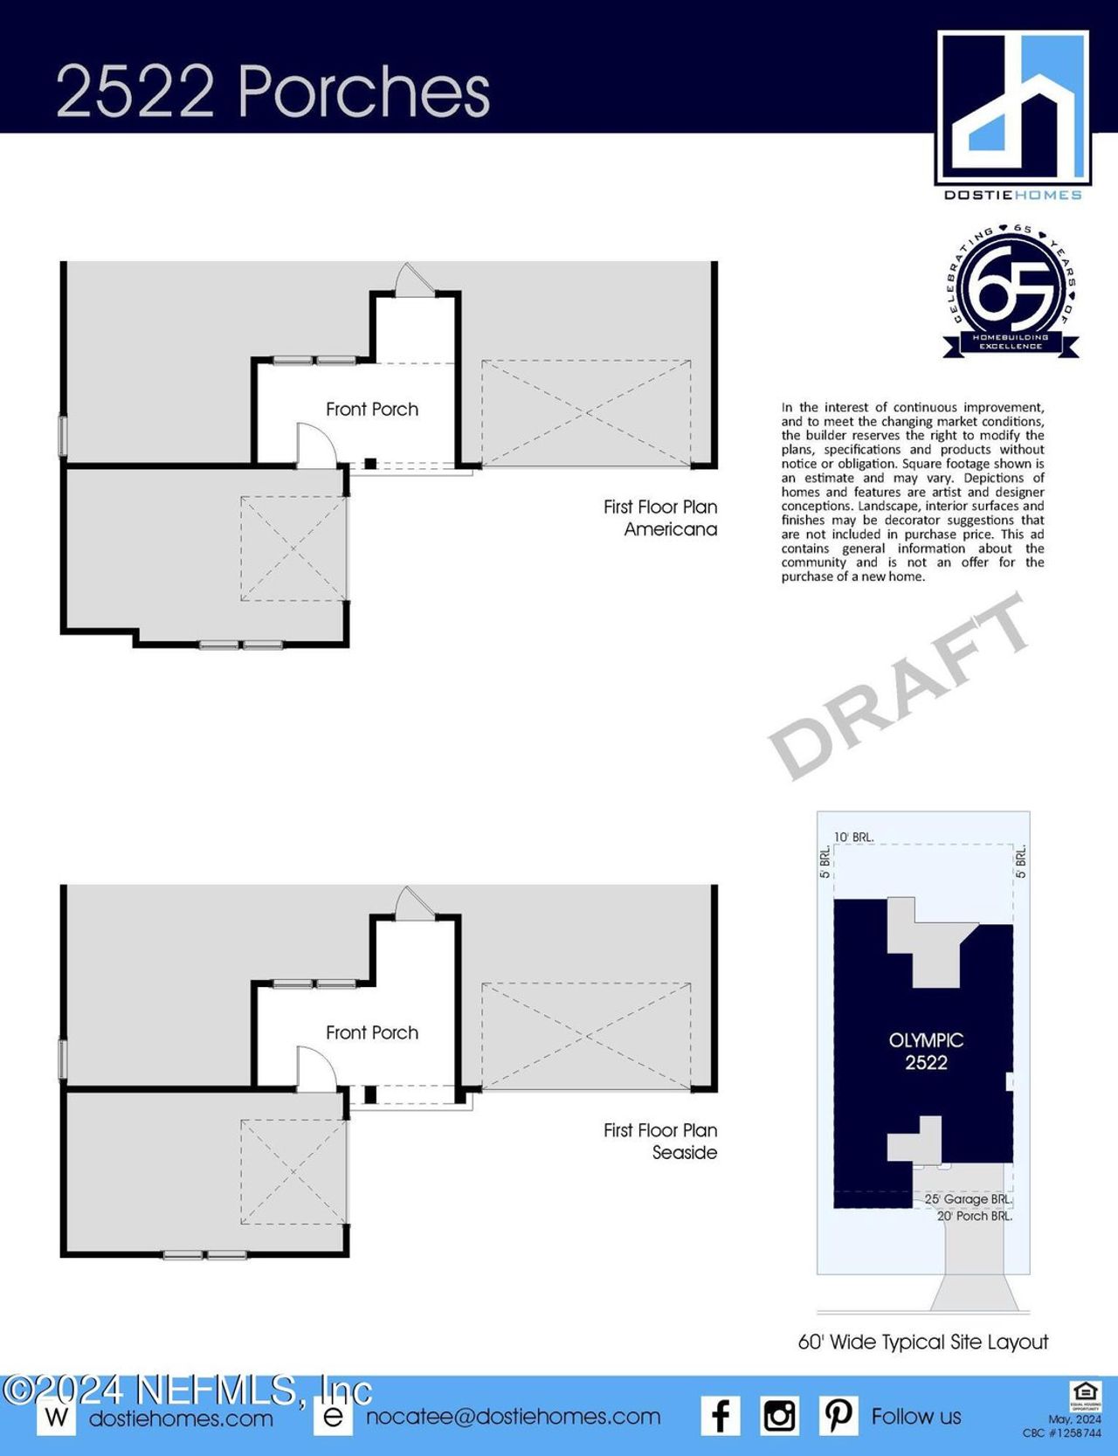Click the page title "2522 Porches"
point(273,91)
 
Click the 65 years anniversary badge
point(1013,291)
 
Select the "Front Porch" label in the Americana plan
point(372,409)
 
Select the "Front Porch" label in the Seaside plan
point(372,1032)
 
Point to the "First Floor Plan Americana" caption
point(660,518)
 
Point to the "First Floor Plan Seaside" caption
point(660,1142)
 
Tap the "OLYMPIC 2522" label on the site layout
point(926,1052)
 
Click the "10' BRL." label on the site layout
point(853,837)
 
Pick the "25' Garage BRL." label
point(968,1199)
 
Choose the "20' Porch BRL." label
point(974,1216)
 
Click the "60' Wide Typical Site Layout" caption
point(923,1342)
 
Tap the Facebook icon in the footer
point(721,1416)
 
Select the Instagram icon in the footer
point(779,1416)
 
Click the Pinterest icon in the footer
point(838,1416)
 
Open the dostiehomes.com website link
point(181,1418)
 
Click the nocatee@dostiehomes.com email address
point(513,1417)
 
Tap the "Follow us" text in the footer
point(916,1417)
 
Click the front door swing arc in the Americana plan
point(319,443)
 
